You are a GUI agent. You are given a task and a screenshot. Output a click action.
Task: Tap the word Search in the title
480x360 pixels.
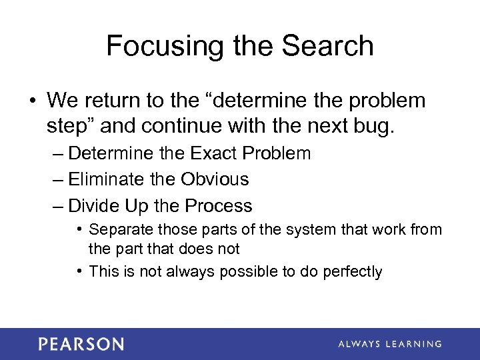327,47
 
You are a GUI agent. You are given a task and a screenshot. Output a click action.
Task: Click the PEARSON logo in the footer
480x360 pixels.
81,344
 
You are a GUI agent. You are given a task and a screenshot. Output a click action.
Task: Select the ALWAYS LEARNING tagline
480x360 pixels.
389,344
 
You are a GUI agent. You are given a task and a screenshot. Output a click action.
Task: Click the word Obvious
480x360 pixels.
216,179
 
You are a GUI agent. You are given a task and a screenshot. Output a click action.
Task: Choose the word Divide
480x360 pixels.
94,206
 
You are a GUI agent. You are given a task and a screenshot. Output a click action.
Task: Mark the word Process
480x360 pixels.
219,206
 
